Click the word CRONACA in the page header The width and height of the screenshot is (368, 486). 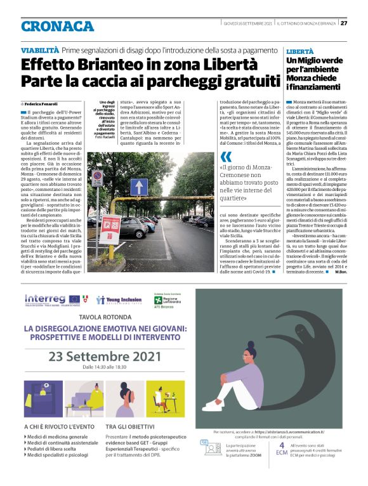(57, 26)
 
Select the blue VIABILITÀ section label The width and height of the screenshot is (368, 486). (40, 49)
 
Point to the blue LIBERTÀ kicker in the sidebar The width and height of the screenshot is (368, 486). (300, 50)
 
